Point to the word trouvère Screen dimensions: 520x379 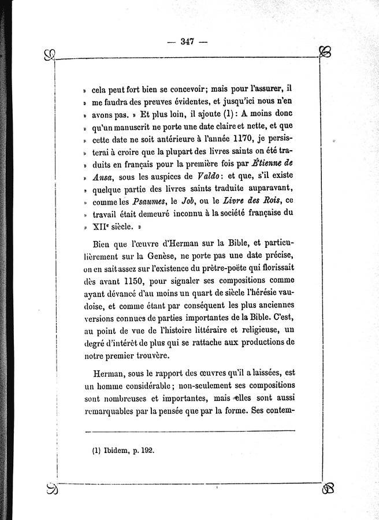click(x=155, y=356)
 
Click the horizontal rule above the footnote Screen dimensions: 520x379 click(x=189, y=430)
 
